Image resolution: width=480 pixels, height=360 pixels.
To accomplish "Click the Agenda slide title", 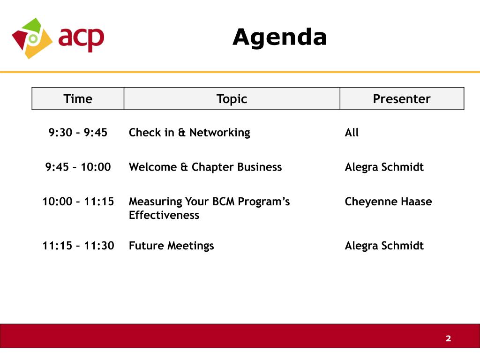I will (x=279, y=37).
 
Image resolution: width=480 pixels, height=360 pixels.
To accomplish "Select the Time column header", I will (x=78, y=99).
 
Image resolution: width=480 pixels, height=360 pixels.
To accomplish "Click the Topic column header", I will (x=232, y=99).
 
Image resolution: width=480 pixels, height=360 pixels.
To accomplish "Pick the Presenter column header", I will (x=401, y=99).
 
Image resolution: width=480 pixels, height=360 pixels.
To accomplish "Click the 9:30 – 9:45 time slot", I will (x=78, y=133).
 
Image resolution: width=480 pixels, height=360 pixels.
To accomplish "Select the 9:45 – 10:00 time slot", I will (x=78, y=167).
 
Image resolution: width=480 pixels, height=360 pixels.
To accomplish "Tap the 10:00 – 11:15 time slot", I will (x=78, y=202).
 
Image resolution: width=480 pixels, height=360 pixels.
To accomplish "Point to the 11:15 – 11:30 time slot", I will (x=78, y=246).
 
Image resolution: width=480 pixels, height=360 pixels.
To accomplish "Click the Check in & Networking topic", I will (x=189, y=133).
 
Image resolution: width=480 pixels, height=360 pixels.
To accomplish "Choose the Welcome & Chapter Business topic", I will (x=205, y=167).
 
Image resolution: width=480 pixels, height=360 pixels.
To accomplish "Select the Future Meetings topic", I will (x=171, y=246).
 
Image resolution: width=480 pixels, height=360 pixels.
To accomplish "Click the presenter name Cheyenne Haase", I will (x=388, y=202).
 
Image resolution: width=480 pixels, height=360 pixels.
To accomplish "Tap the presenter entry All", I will (x=352, y=133).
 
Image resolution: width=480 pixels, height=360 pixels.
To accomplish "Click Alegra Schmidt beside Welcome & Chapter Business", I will (x=384, y=167).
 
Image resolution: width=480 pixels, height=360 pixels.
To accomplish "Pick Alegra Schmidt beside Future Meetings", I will (x=384, y=246).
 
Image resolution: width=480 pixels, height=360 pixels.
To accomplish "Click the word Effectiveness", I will (x=164, y=215).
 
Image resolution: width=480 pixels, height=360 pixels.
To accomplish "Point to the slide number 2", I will (x=448, y=338).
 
